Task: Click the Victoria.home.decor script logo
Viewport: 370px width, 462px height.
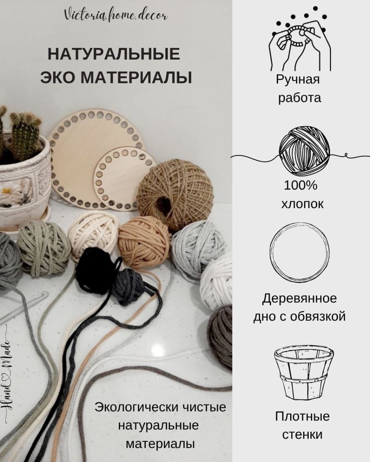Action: click(x=116, y=16)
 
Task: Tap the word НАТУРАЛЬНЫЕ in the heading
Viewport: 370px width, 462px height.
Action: click(x=114, y=54)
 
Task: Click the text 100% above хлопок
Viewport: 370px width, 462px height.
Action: click(x=300, y=186)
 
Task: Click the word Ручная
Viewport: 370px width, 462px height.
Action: click(x=298, y=79)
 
